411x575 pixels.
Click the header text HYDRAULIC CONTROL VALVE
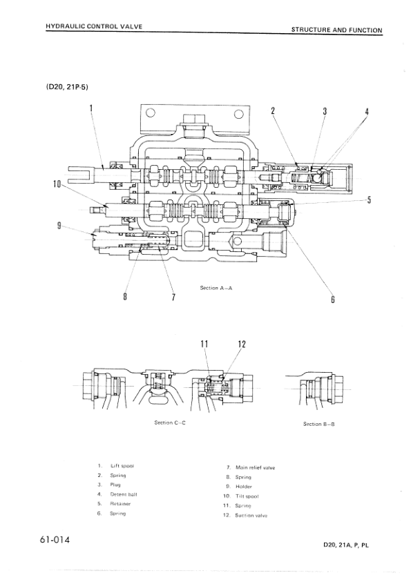93,26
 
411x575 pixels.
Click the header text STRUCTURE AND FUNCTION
336,30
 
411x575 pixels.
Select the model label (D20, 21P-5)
67,87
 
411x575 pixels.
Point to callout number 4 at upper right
367,111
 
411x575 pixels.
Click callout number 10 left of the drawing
57,184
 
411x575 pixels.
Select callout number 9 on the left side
60,225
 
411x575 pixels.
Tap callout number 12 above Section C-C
242,343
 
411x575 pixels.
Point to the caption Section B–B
318,424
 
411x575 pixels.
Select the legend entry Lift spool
121,466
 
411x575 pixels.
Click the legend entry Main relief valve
255,467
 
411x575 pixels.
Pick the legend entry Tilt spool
249,496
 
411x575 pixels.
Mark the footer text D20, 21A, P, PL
346,545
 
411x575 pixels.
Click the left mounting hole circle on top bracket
150,115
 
